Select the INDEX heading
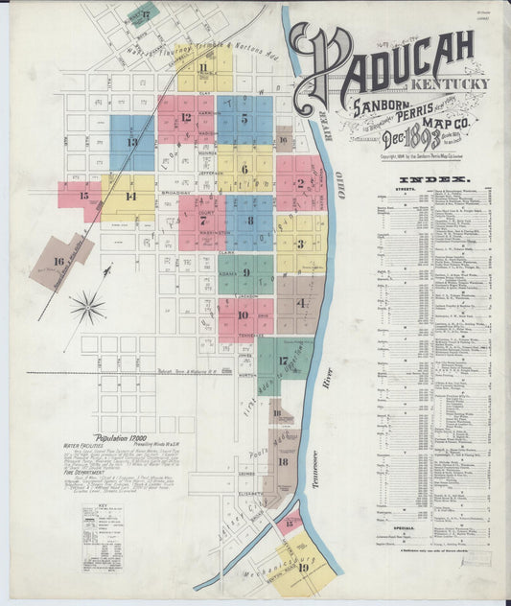coord(434,179)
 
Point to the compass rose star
coord(87,307)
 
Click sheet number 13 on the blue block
coord(131,142)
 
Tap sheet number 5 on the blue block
coord(244,120)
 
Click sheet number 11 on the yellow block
coord(203,67)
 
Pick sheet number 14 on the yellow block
coord(130,197)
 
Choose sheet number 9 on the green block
coord(246,272)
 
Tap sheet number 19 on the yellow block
coord(303,567)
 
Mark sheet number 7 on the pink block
coord(202,221)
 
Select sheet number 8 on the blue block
coord(250,221)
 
